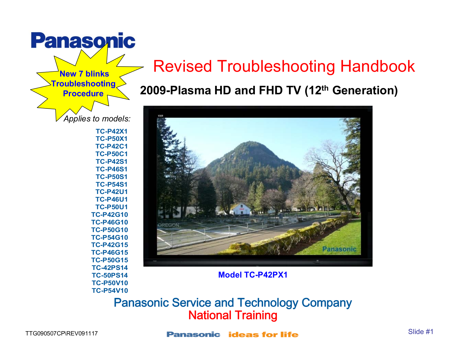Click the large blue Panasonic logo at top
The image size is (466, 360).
(x=83, y=40)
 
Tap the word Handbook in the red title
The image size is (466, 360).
(x=377, y=66)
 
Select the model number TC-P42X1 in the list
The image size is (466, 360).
(x=111, y=131)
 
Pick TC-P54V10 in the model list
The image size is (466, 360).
(x=110, y=291)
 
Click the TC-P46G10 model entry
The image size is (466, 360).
(x=110, y=222)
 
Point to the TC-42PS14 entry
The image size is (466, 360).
(x=110, y=268)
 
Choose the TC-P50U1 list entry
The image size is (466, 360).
(x=111, y=207)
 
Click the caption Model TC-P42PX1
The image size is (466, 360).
(x=253, y=275)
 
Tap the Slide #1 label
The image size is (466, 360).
(x=421, y=332)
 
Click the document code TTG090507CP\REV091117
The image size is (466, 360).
(x=62, y=333)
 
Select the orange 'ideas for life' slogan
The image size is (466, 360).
(x=263, y=335)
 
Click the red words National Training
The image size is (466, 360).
(x=233, y=315)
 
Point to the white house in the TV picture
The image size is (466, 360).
(x=241, y=209)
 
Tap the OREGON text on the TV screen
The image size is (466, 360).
(x=168, y=225)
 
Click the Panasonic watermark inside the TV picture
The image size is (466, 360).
(x=339, y=249)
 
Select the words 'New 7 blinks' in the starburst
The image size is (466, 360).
(x=84, y=74)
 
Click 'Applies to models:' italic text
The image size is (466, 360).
(x=97, y=119)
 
